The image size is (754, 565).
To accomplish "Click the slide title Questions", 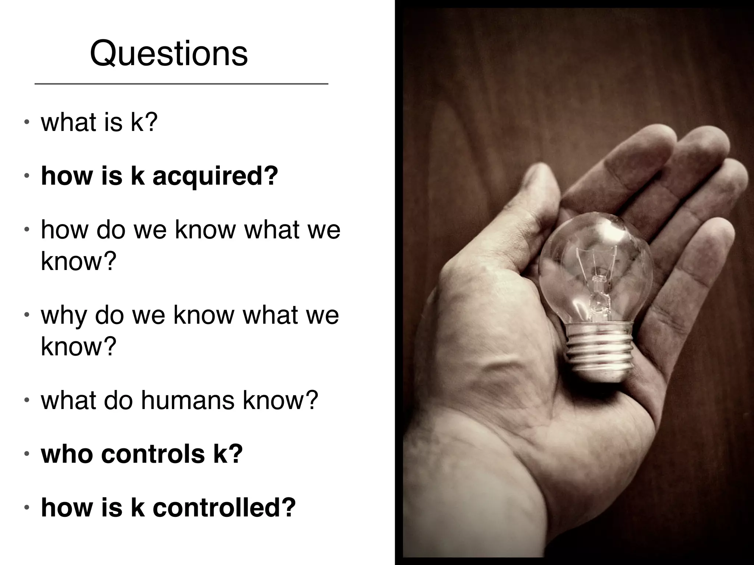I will [169, 54].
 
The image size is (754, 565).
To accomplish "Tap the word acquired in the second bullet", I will [215, 176].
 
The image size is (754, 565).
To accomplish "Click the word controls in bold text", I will [153, 454].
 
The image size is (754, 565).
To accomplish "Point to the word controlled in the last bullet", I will [224, 508].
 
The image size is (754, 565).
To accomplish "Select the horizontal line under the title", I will [181, 84].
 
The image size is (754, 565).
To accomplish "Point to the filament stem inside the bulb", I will [598, 291].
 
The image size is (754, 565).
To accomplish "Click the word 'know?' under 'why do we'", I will [78, 347].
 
